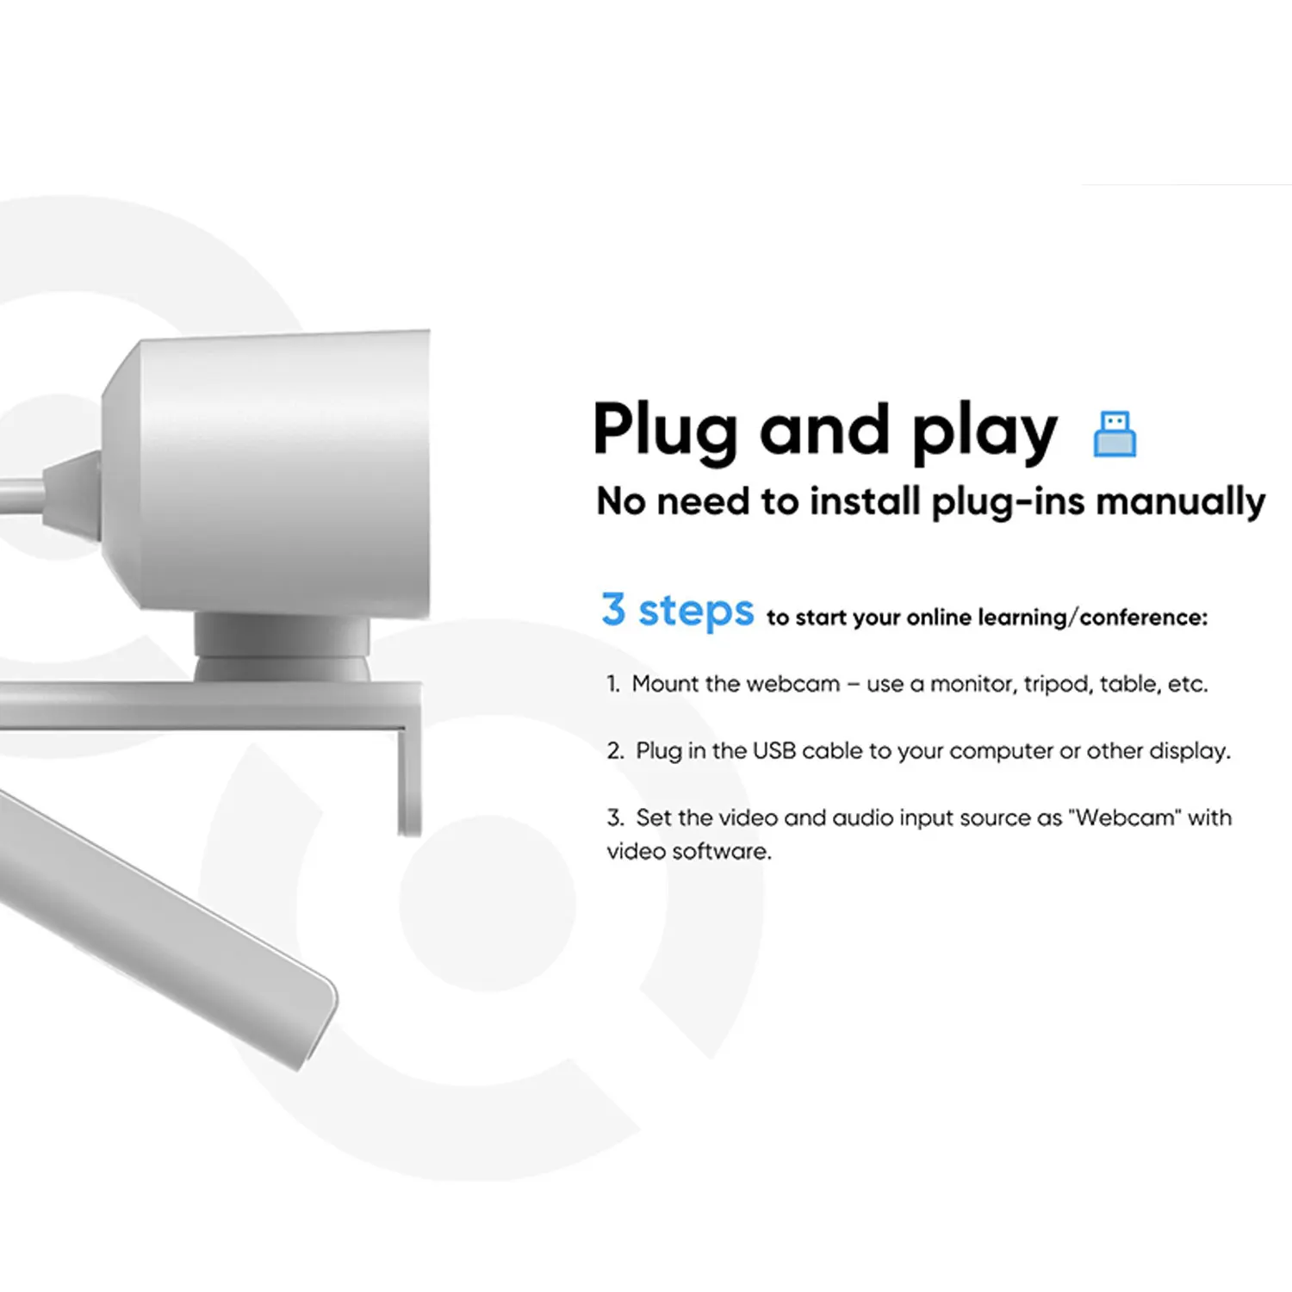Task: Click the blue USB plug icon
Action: click(x=1115, y=433)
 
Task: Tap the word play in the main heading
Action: click(x=985, y=432)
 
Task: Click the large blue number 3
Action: click(x=613, y=609)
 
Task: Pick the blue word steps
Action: click(x=696, y=612)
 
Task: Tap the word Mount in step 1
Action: click(x=665, y=684)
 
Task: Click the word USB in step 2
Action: click(x=773, y=751)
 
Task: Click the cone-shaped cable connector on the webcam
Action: click(x=71, y=495)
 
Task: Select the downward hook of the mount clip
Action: click(x=410, y=775)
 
